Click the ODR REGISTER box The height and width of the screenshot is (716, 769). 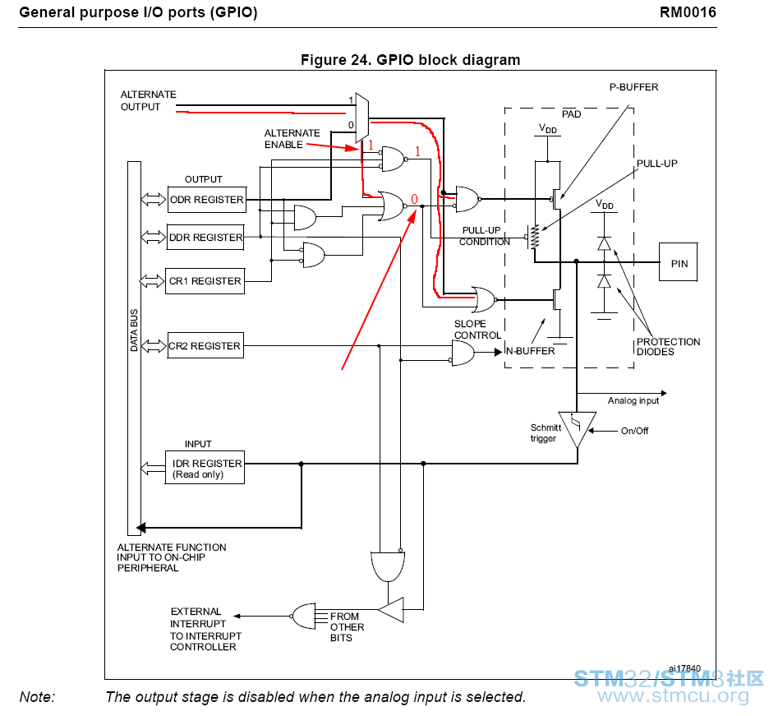206,200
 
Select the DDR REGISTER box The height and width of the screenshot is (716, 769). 205,238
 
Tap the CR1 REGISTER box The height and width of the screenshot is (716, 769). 205,281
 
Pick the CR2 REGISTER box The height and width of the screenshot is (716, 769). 205,345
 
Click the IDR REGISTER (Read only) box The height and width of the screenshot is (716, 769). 205,468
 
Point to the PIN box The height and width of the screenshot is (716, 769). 679,262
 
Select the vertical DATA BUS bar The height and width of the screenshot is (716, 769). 134,349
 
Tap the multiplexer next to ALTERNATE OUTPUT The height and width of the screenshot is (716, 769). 362,118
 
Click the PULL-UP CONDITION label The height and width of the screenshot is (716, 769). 484,236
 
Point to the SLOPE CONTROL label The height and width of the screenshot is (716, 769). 477,330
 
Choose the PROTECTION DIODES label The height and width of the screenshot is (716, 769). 668,346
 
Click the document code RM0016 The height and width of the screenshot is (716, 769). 688,12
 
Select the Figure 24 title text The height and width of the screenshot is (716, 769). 410,60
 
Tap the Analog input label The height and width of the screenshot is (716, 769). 633,400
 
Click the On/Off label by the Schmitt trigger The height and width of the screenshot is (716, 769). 634,431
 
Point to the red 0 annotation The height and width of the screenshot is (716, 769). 414,199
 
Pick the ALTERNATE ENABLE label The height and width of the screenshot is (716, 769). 292,139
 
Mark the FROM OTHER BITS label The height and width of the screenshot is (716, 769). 347,626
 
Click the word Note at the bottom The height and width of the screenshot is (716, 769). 37,697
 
